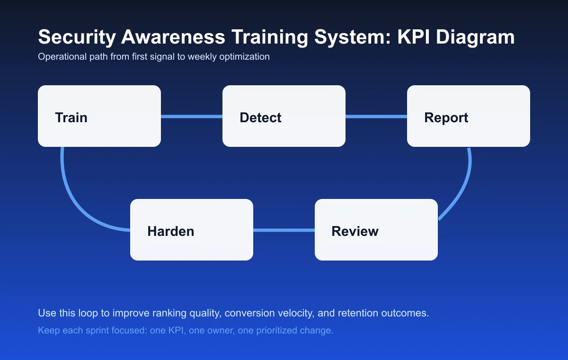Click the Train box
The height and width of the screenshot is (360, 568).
[99, 116]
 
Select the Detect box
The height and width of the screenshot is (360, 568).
[284, 116]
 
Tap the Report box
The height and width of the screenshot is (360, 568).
[469, 116]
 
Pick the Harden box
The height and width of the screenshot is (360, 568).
[192, 230]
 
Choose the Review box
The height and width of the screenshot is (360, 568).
[376, 230]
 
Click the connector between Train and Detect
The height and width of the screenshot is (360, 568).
[192, 117]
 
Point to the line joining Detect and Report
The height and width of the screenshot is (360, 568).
[376, 117]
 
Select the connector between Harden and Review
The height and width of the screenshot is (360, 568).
[284, 230]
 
